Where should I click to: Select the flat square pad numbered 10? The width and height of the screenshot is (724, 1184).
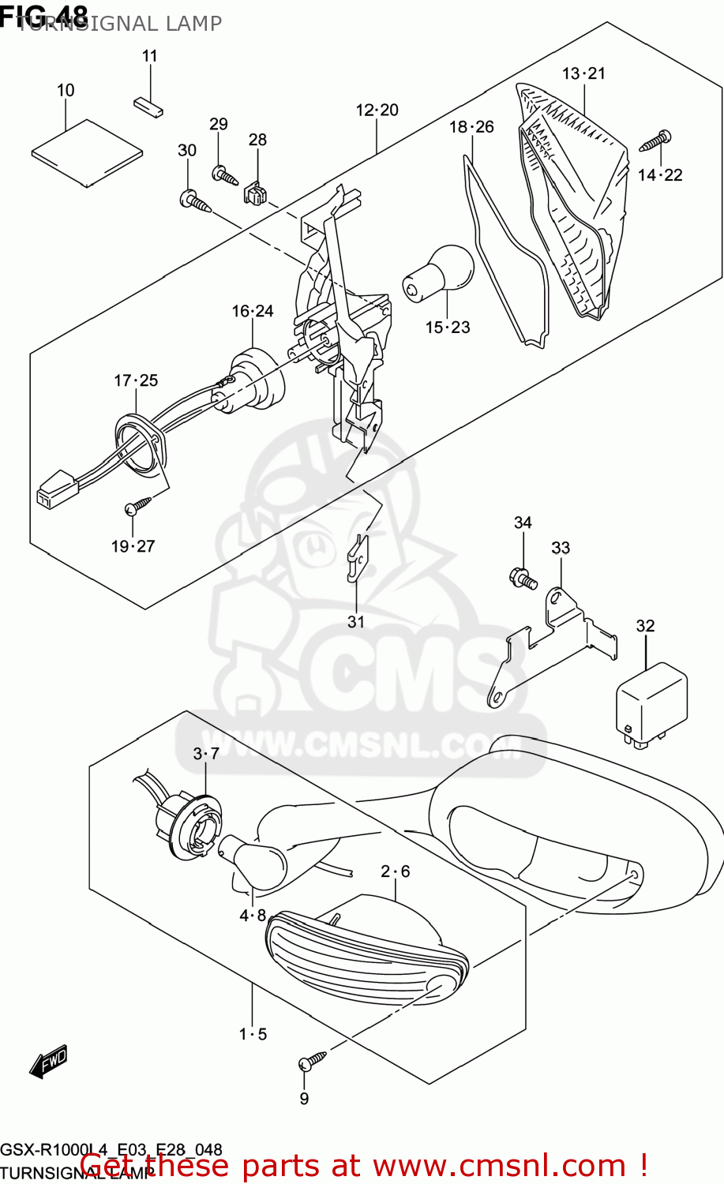pyautogui.click(x=87, y=152)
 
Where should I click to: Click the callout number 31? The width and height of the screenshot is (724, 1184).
pyautogui.click(x=356, y=622)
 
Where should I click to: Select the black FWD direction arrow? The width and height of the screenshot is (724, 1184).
pyautogui.click(x=48, y=1062)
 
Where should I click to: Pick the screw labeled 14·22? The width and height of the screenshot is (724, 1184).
pyautogui.click(x=655, y=142)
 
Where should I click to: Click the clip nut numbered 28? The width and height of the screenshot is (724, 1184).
pyautogui.click(x=255, y=192)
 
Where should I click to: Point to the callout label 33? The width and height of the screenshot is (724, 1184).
pyautogui.click(x=560, y=548)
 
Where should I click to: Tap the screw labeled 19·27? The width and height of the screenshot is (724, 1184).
pyautogui.click(x=138, y=505)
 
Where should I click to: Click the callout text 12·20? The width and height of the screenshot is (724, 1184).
pyautogui.click(x=377, y=111)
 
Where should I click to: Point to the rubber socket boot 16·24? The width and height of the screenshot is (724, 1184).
pyautogui.click(x=254, y=379)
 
